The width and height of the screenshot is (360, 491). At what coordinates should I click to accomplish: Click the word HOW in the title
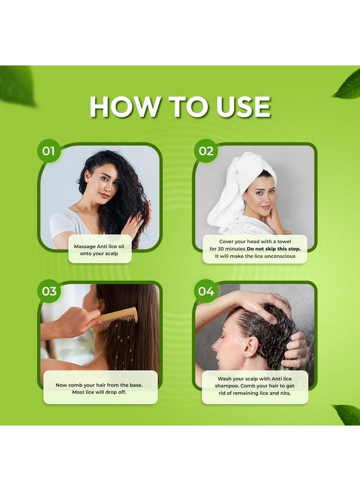tap(124, 107)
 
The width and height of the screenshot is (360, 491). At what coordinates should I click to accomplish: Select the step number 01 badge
tap(49, 151)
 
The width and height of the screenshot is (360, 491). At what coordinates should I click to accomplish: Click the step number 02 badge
tap(206, 151)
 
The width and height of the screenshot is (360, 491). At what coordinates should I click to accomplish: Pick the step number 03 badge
tap(49, 291)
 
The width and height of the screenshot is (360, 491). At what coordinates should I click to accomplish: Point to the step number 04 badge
tap(206, 291)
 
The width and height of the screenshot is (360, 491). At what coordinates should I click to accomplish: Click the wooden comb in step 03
tap(115, 319)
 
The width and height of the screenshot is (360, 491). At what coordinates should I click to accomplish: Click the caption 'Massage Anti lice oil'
tap(99, 247)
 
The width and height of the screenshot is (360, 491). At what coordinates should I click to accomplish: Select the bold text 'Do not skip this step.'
tap(274, 249)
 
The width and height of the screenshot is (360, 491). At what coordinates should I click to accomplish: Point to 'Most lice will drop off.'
tap(99, 392)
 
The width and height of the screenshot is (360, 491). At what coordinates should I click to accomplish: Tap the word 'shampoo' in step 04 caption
tap(226, 386)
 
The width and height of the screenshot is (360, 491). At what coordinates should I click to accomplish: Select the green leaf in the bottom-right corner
tap(347, 414)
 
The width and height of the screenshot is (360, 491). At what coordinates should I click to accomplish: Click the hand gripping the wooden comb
tap(77, 321)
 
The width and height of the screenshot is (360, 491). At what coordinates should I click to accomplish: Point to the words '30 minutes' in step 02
tap(231, 249)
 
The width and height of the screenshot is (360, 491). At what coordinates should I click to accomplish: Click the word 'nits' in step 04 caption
tap(285, 393)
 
